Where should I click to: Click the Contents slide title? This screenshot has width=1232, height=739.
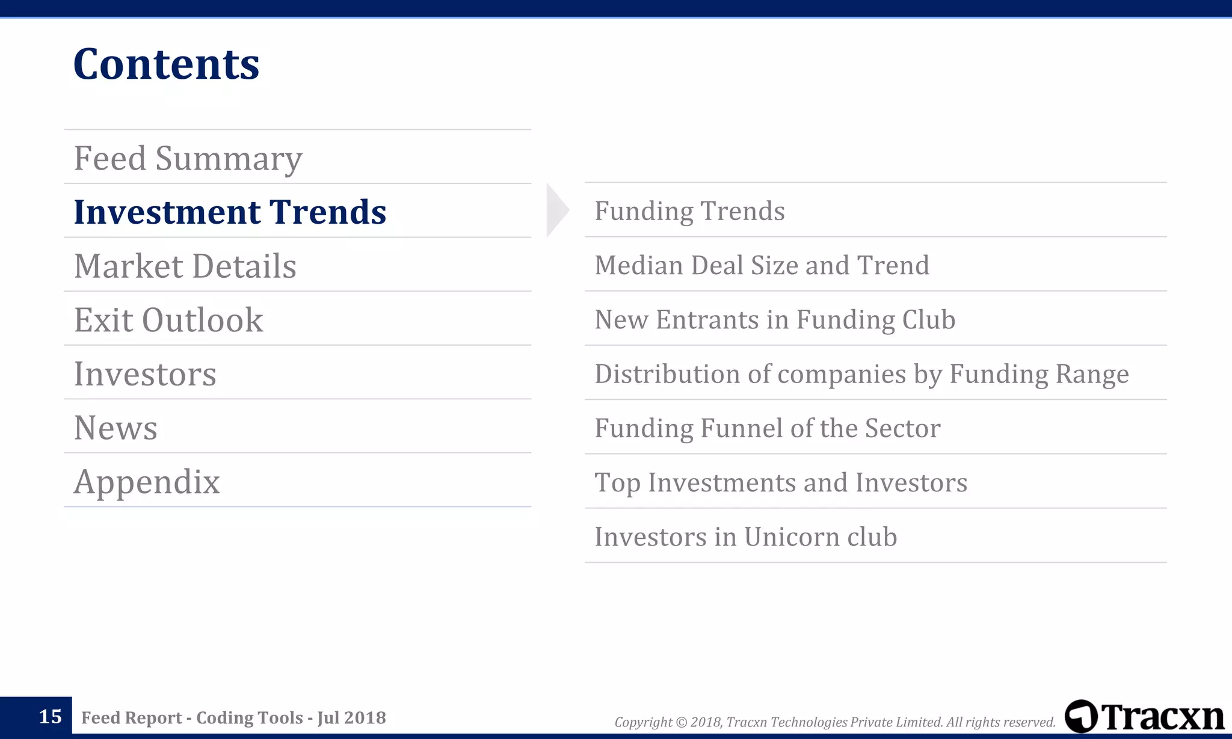pos(166,64)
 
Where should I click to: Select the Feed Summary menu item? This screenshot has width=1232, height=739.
pos(188,158)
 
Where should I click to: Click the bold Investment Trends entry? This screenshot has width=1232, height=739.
pos(230,212)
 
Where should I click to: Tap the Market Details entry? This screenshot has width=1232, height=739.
pos(185,266)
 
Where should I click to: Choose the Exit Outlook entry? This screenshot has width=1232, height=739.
pos(168,320)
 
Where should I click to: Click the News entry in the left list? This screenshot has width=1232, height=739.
pos(115,428)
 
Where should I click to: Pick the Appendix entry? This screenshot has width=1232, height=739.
pos(147,482)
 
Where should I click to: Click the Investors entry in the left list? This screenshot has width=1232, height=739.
pos(145,374)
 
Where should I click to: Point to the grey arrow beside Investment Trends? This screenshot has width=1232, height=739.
pos(556,210)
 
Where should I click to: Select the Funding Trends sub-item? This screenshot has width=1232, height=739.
pos(689,211)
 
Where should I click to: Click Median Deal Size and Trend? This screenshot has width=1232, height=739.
pos(762,265)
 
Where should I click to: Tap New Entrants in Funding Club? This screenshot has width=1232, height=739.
pos(775,319)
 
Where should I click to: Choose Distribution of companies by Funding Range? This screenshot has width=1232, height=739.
pos(861,374)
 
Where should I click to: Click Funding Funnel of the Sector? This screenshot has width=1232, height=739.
pos(767,428)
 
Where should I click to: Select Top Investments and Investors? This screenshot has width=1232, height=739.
pos(781,482)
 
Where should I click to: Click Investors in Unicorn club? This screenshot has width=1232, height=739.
pos(745,536)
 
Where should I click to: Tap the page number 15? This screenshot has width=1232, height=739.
pos(50,717)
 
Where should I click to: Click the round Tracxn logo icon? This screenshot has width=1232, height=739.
pos(1081,716)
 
